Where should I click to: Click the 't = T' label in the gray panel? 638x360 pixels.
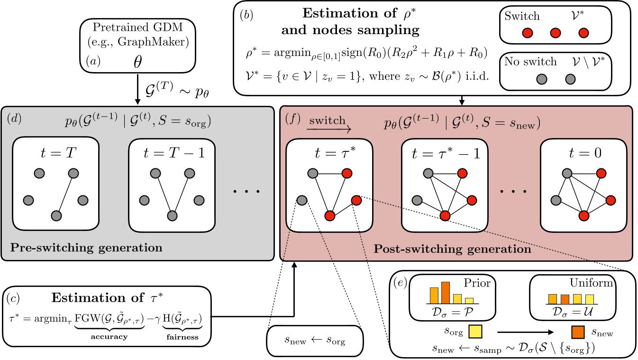coord(55,154)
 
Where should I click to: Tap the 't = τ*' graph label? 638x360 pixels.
coord(329,154)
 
